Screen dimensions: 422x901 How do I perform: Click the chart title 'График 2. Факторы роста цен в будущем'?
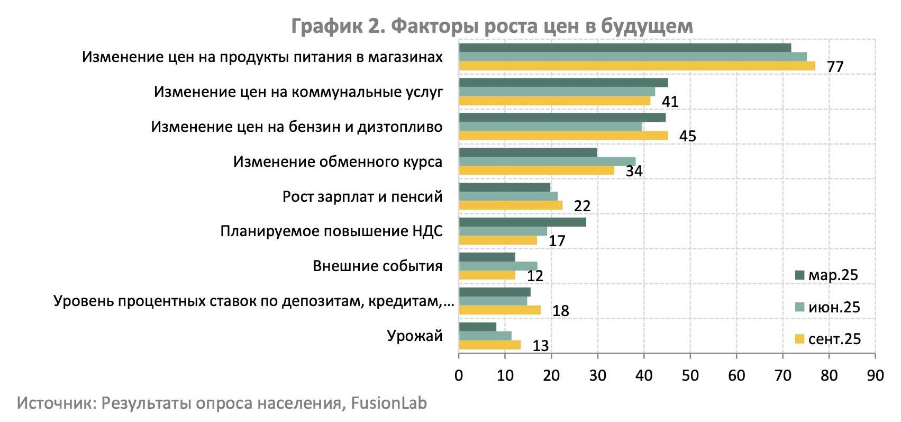pyautogui.click(x=492, y=26)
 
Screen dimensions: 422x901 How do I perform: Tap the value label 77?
pyautogui.click(x=835, y=67)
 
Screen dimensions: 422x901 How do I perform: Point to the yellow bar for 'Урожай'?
pyautogui.click(x=489, y=345)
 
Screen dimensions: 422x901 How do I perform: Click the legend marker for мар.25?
pyautogui.click(x=799, y=275)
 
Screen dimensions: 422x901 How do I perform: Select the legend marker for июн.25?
pyautogui.click(x=799, y=307)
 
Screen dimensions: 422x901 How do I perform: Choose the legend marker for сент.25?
pyautogui.click(x=799, y=339)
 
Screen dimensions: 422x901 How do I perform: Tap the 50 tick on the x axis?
pyautogui.click(x=690, y=375)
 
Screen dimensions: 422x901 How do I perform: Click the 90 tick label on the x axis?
pyautogui.click(x=875, y=375)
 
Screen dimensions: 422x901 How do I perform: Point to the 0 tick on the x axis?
pyautogui.click(x=459, y=375)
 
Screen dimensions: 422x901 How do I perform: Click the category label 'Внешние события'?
pyautogui.click(x=377, y=266)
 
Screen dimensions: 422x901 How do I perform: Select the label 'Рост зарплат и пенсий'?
pyautogui.click(x=362, y=196)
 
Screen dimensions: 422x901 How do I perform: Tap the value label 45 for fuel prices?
pyautogui.click(x=687, y=137)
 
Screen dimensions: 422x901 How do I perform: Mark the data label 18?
pyautogui.click(x=560, y=311)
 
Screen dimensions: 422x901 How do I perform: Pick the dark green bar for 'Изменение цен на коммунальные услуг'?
pyautogui.click(x=563, y=83)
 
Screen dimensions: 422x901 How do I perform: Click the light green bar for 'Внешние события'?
pyautogui.click(x=498, y=266)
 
